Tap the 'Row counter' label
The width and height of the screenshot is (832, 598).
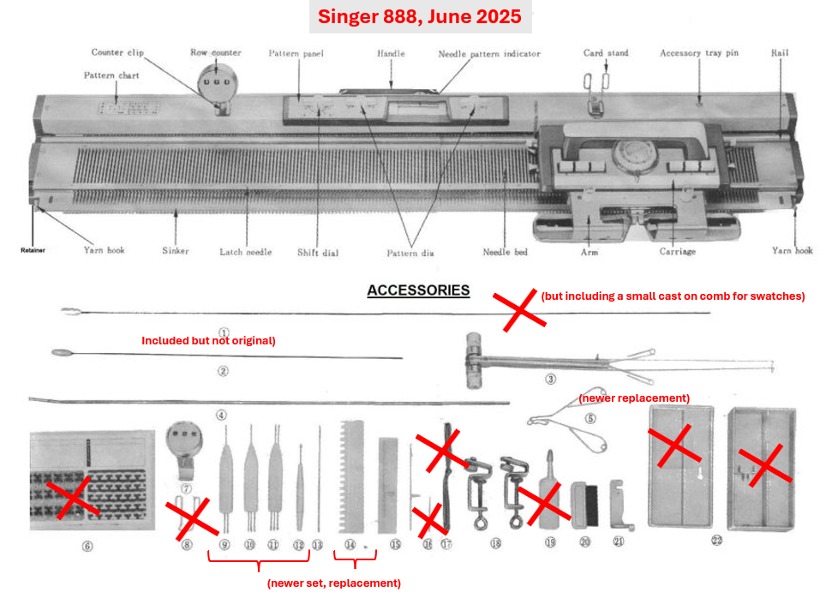(215, 52)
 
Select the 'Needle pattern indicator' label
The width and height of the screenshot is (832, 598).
(489, 54)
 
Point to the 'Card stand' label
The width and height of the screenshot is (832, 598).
(606, 53)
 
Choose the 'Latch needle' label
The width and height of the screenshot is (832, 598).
(246, 251)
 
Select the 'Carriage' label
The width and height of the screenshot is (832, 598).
(677, 251)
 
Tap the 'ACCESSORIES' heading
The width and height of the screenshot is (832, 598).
(418, 290)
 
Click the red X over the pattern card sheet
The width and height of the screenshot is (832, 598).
(71, 499)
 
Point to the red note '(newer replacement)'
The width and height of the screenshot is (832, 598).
(634, 398)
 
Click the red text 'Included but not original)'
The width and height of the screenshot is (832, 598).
(208, 340)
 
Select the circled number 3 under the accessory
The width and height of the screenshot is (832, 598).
(550, 378)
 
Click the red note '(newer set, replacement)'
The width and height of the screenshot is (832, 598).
(333, 583)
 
